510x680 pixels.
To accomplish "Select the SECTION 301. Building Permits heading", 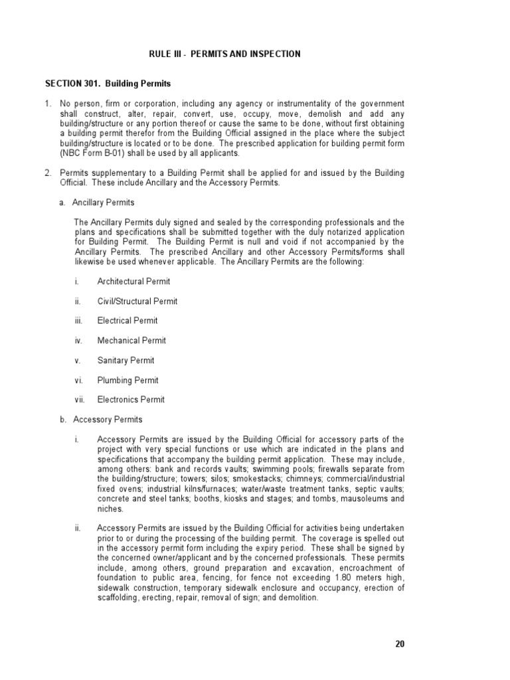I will coord(108,84).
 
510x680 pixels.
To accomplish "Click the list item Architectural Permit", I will coord(133,282).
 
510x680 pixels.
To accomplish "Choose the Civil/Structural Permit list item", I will coord(137,301).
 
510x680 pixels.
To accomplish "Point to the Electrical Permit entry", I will coord(127,321).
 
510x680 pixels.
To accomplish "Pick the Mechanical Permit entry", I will coord(131,341).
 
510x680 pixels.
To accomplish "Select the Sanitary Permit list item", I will coord(126,361).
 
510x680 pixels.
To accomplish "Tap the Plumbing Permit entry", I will coord(127,381).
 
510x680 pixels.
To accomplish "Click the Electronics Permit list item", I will coord(131,400).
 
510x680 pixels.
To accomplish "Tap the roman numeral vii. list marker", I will coord(79,400).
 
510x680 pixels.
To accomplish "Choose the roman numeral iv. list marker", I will coord(78,341).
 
